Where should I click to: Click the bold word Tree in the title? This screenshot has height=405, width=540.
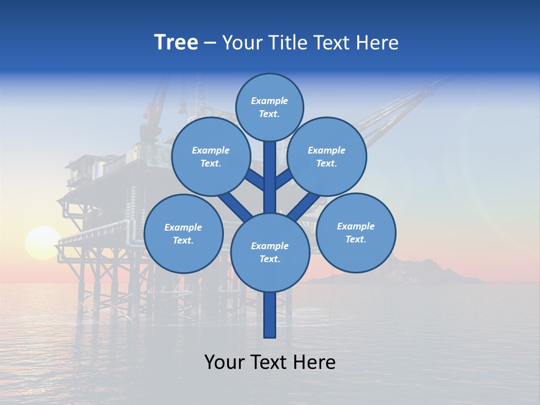176,43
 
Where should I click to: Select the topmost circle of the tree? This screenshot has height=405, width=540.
269,107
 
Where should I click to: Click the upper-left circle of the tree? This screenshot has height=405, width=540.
210,156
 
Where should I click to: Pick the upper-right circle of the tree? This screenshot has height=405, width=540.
326,156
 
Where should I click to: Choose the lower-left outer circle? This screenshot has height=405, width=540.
183,233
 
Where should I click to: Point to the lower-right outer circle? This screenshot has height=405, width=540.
355,232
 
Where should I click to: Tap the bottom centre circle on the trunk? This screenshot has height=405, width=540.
269,252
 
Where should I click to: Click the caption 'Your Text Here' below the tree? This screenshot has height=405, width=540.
269,362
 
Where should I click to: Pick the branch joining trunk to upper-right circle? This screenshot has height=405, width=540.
283,179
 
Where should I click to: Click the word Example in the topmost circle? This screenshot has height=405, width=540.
269,101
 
